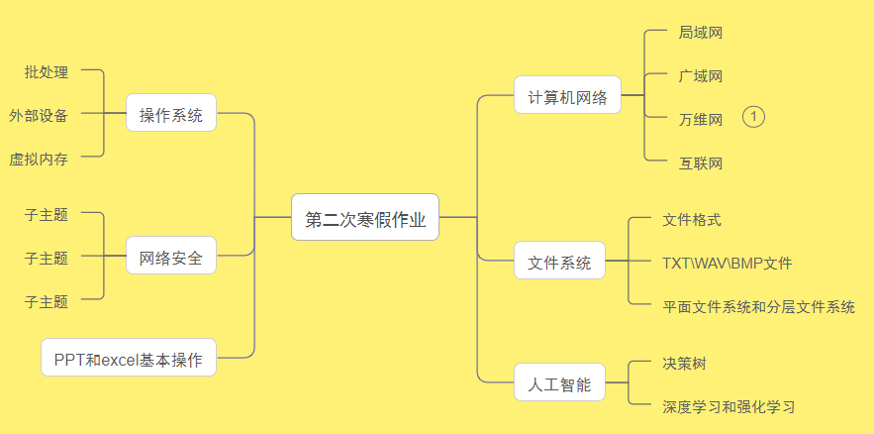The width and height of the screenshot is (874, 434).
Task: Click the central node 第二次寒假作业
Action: [x=365, y=217]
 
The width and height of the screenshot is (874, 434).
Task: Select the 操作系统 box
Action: [x=171, y=113]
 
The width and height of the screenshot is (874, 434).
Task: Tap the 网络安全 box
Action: [x=171, y=258]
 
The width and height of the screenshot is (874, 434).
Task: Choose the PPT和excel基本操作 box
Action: [x=129, y=358]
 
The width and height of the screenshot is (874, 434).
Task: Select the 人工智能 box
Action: [x=559, y=383]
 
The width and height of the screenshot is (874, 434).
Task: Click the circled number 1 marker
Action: [x=753, y=117]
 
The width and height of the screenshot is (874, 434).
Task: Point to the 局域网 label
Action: [x=700, y=33]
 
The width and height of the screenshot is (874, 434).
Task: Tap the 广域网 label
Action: [x=700, y=76]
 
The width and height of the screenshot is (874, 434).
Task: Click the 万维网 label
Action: [x=700, y=120]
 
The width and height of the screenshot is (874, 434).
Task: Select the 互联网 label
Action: [x=700, y=163]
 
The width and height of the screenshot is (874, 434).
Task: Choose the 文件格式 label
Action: [x=692, y=220]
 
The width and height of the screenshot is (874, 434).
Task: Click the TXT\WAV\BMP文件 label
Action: [x=727, y=264]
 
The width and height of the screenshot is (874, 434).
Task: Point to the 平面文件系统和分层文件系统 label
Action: [x=758, y=307]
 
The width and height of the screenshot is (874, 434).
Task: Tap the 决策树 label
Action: [x=684, y=364]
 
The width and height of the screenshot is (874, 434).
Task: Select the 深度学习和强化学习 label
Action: [x=728, y=406]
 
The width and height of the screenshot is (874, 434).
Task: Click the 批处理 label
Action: [x=47, y=71]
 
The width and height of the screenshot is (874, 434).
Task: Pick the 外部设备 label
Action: [x=39, y=115]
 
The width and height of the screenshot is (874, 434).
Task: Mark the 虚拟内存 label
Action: [x=39, y=159]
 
